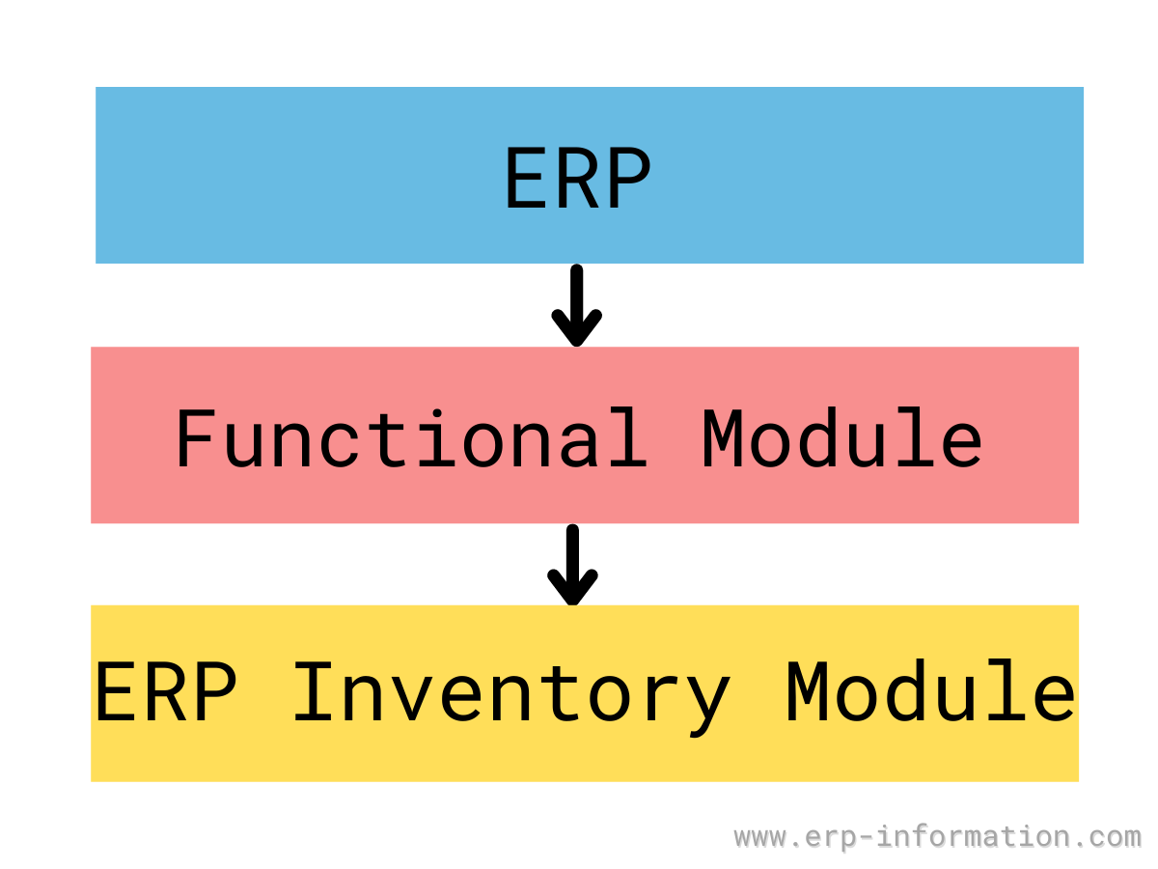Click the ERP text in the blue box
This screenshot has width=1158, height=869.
click(x=578, y=178)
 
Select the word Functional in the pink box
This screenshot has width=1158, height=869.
click(x=411, y=436)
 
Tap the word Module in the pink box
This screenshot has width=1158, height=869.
click(x=842, y=436)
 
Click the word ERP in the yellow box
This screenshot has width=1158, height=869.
click(x=165, y=691)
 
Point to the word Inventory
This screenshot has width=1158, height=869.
click(x=512, y=698)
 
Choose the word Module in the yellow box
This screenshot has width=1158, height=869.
click(x=930, y=690)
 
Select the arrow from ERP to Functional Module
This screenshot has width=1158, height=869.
click(x=577, y=305)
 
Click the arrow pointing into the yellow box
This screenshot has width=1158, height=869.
click(x=572, y=565)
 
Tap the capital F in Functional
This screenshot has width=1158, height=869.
click(x=197, y=438)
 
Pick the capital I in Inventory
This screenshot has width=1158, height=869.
click(x=313, y=691)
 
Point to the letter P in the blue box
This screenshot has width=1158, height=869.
click(x=630, y=178)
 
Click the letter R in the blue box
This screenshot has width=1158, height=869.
click(x=578, y=178)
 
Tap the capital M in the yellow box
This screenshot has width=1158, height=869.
click(x=806, y=691)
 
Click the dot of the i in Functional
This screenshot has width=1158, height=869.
click(x=437, y=412)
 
